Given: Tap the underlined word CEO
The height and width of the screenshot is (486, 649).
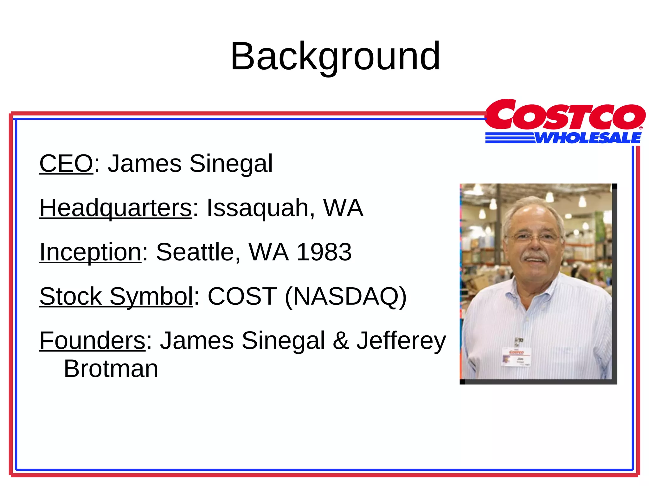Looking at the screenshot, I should point(66,164).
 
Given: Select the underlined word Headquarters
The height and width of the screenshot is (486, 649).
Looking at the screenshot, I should point(116,208).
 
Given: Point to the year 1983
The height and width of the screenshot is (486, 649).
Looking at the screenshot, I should point(324,252).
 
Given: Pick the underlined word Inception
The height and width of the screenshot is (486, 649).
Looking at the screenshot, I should point(90,252).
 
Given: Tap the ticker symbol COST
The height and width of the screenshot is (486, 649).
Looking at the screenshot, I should point(242,296).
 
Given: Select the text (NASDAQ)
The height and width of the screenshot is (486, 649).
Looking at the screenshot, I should point(345,297).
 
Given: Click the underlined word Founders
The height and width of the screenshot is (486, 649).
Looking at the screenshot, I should point(92,341).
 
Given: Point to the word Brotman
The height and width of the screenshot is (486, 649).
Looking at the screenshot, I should point(111,369).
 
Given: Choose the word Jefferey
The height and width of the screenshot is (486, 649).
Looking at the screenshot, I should point(401,341).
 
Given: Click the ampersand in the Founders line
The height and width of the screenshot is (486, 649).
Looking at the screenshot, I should point(341,341).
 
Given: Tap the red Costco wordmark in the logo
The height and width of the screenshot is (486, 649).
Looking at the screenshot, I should point(565,115).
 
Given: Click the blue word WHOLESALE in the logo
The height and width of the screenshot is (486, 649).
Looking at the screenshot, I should point(588,138).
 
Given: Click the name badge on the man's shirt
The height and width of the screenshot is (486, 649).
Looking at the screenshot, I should point(516,357).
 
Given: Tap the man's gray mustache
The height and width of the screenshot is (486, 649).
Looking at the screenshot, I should point(535,256).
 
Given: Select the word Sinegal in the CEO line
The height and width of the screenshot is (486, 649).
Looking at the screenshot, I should point(231,164).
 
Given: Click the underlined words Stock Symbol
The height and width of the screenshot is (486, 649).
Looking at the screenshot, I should point(116,296).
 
